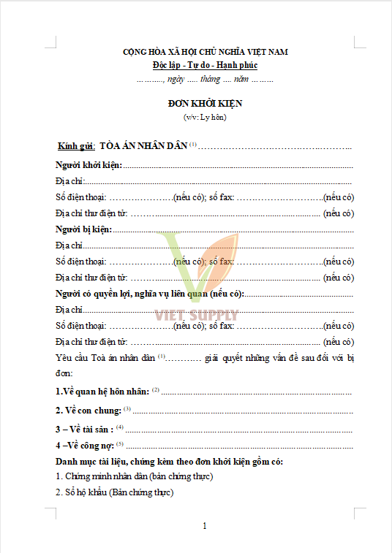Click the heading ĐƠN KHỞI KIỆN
coord(204,104)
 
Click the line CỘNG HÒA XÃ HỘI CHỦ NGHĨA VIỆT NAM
coord(204,52)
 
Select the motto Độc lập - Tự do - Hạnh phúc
coord(204,66)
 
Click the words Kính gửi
coord(77,145)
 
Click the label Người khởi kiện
coord(88,166)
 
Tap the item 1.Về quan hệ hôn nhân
coord(102,392)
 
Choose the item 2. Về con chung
coord(88,410)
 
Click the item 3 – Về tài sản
coord(85,428)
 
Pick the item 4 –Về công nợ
coord(84,445)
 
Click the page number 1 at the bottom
coord(205,526)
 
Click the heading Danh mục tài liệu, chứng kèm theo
coord(169,462)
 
